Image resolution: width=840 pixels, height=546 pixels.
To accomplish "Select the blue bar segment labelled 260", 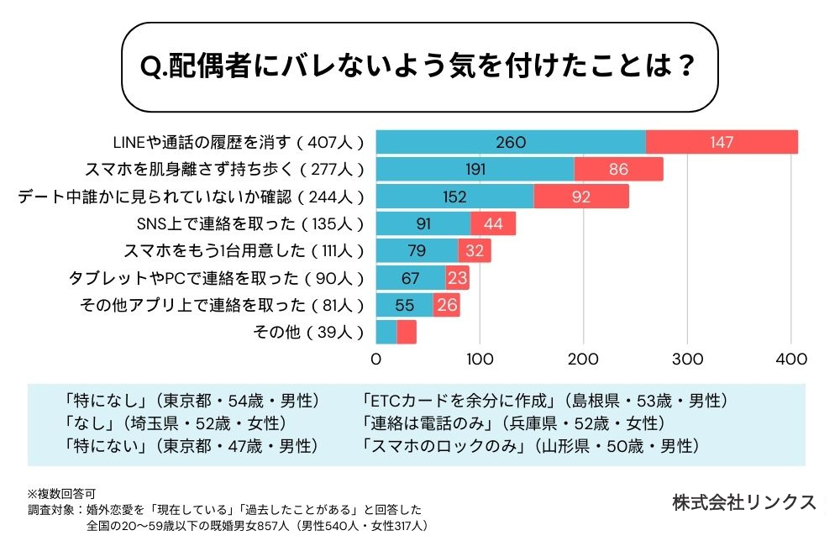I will coord(511,142).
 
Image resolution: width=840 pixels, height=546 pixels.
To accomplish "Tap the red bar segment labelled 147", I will coord(722,142).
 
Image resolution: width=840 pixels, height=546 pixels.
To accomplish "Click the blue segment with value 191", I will coord(475,169).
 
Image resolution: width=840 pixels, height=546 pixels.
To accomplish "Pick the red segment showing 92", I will coord(581,197).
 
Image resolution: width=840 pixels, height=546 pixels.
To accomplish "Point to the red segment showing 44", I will coord(493,223).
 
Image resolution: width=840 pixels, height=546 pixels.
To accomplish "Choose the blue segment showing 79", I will coord(417,250).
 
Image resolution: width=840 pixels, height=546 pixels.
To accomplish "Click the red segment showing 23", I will coord(457,278).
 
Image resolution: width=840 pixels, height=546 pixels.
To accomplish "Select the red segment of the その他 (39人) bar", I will coord(407,332).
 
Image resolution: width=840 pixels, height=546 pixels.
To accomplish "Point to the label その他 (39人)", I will coord(308,332).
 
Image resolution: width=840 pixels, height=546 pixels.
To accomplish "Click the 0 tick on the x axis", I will coord(376,360).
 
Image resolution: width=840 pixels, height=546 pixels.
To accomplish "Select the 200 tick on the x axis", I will coord(584,360).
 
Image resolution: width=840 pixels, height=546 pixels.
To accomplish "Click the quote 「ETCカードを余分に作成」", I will coord(461,401).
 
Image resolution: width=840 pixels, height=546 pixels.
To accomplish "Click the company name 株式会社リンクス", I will coord(743,502).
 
